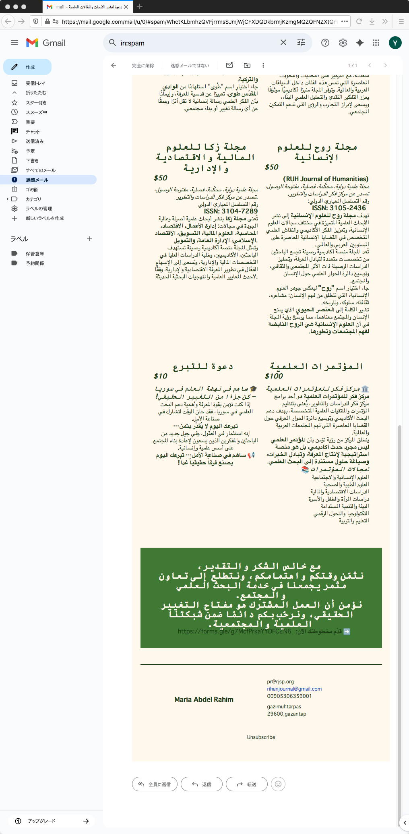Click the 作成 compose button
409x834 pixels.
coord(27,67)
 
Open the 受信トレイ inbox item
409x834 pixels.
coord(35,83)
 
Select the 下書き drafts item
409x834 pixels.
coord(32,161)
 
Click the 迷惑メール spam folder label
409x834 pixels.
coord(37,180)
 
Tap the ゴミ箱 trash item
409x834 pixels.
coord(31,190)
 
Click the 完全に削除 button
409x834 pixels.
coord(143,66)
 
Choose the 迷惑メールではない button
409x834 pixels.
coord(190,66)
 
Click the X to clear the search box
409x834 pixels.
coord(283,43)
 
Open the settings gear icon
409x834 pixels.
coord(343,43)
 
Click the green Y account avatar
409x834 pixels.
coord(395,43)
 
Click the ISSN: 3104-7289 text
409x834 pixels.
coord(231,211)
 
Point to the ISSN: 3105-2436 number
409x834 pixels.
coord(339,208)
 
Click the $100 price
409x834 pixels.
coord(274,376)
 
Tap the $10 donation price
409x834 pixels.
coord(160,376)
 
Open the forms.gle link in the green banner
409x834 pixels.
coord(234,631)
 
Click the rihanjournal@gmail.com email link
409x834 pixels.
coord(294,689)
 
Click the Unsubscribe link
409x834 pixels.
coord(261,737)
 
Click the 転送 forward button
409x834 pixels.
coord(246,784)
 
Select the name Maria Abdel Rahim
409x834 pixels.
coord(204,699)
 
